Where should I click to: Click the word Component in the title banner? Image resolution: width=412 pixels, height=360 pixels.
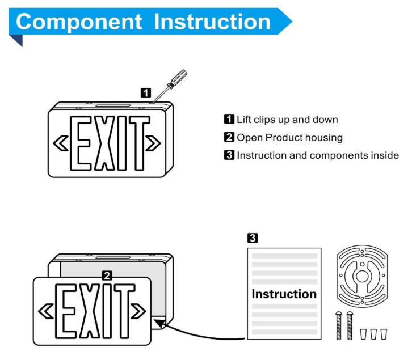tap(79, 22)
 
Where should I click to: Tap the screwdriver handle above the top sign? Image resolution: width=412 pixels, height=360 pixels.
tap(179, 77)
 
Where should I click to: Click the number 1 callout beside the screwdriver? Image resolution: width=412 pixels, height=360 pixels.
tap(146, 92)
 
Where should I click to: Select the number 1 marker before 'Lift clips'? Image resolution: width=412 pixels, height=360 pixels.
tap(229, 120)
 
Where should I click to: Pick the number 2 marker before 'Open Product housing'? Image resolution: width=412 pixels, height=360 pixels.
tap(229, 137)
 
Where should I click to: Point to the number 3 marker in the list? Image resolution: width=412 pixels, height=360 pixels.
tap(229, 155)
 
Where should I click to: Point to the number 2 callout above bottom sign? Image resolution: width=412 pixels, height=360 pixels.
tap(106, 276)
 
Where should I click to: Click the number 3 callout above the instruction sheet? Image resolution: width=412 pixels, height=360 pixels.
tap(253, 238)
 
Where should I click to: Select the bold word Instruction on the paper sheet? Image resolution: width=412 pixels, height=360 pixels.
tap(284, 294)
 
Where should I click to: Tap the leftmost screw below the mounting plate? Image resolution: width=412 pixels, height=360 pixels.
tap(339, 325)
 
